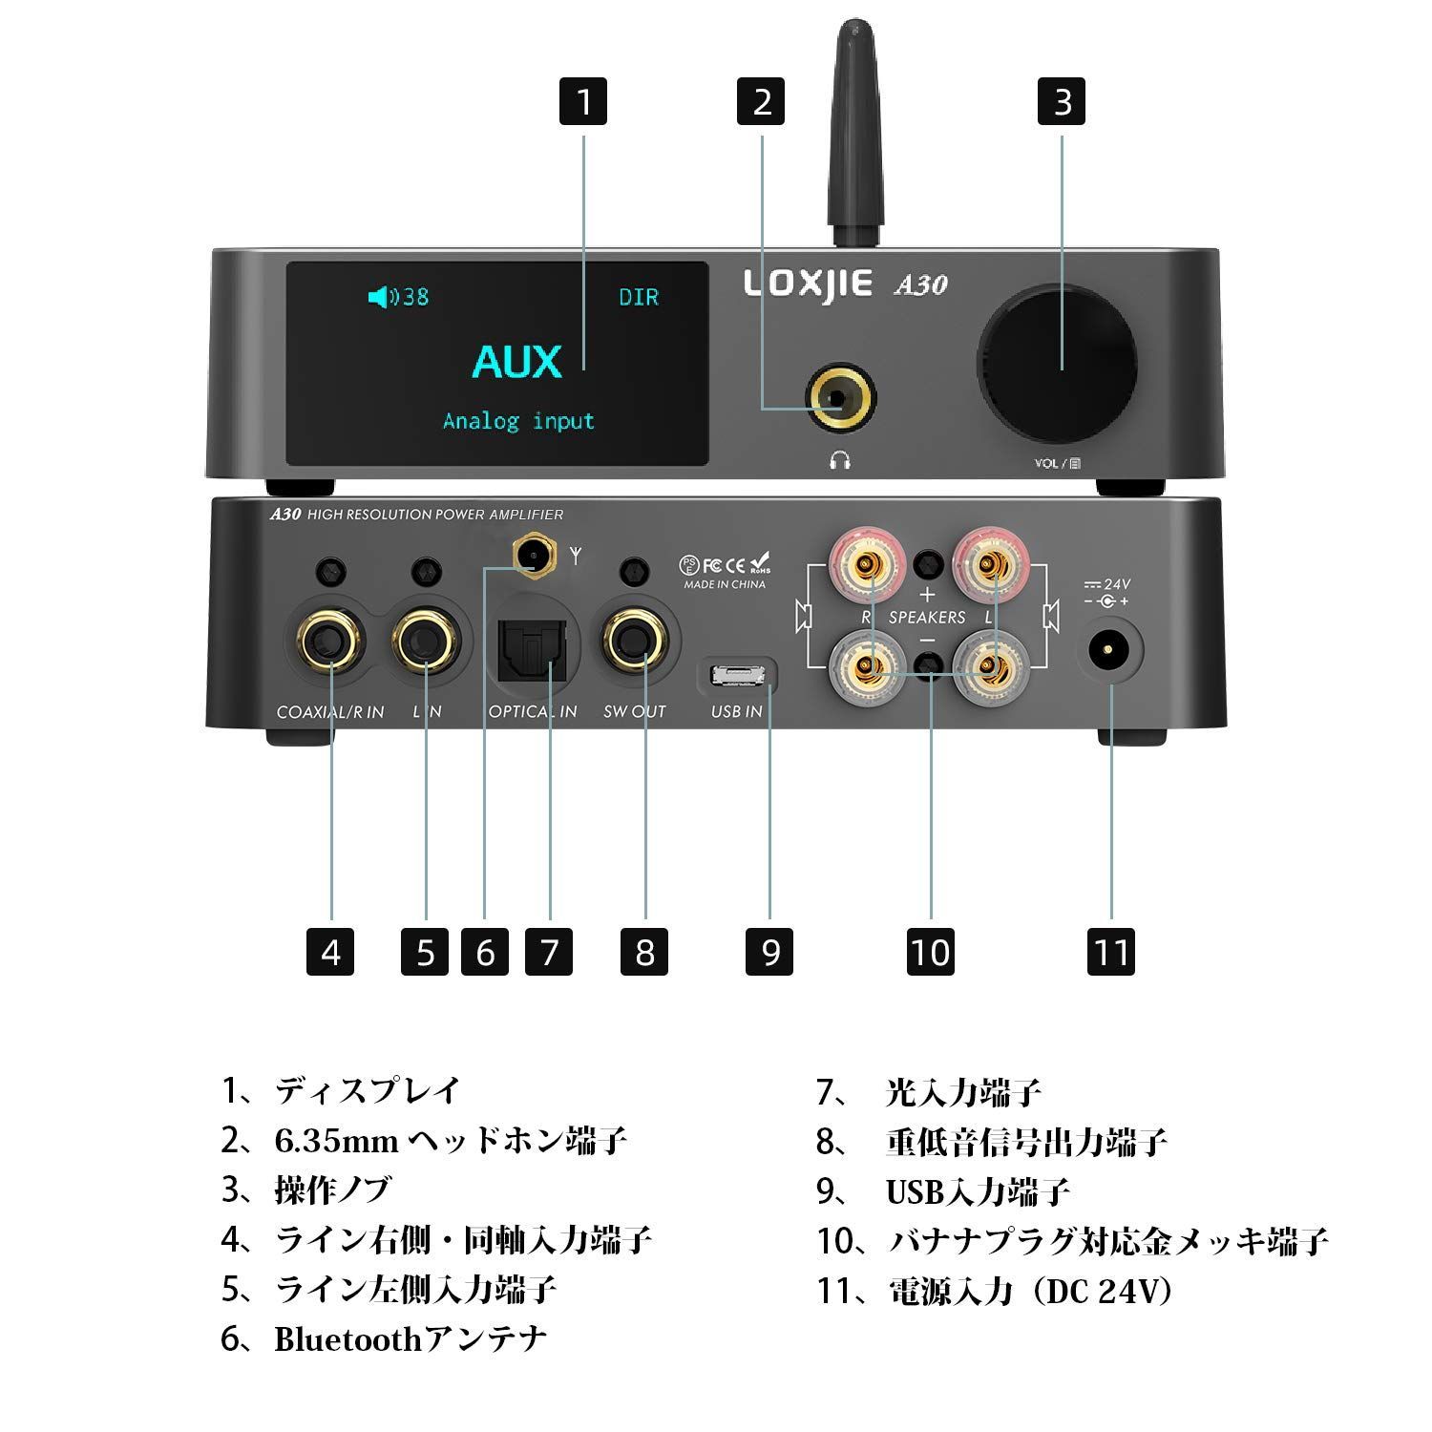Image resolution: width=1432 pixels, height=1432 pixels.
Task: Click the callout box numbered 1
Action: click(583, 101)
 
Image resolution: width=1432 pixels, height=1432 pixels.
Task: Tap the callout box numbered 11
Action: click(1111, 951)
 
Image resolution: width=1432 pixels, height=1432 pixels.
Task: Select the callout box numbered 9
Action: click(770, 951)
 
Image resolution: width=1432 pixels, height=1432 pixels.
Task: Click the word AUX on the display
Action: click(517, 362)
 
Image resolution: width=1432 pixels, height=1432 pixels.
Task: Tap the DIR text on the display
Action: click(638, 297)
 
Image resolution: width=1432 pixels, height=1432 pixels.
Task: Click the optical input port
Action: click(533, 645)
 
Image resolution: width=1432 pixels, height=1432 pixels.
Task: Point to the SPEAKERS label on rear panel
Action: click(927, 618)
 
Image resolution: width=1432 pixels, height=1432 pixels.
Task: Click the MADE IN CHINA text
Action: click(725, 584)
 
